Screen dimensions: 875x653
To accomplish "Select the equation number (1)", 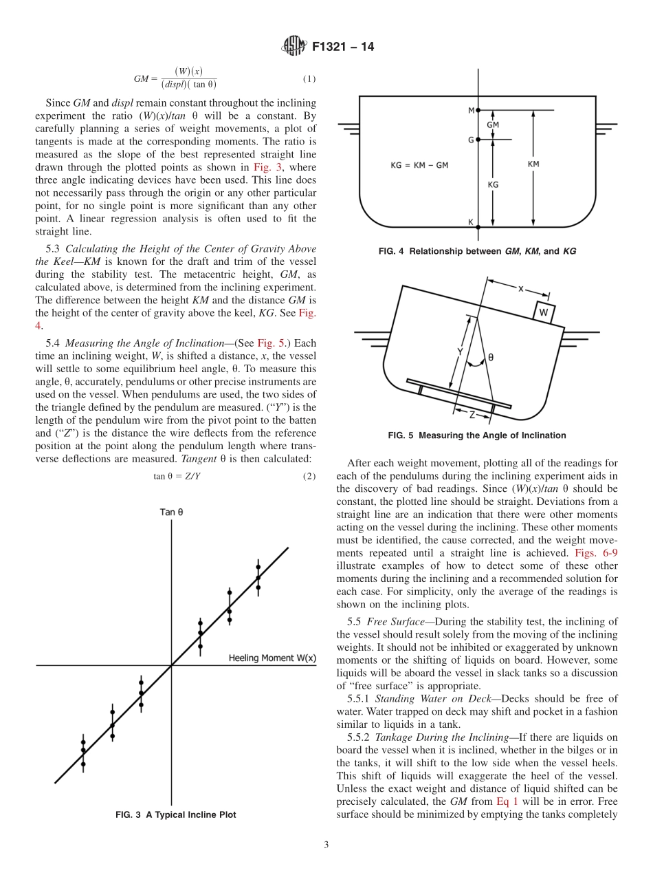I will (x=309, y=79).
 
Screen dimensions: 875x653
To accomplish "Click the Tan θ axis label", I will (x=171, y=512).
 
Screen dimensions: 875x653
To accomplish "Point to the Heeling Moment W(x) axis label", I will (x=272, y=658).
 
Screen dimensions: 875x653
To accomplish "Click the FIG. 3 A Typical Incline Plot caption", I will (x=175, y=814).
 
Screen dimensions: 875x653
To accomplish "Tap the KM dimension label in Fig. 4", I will (x=533, y=164).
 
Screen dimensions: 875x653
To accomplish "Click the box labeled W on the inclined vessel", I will (x=543, y=312).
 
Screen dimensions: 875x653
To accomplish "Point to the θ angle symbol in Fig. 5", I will (x=490, y=358).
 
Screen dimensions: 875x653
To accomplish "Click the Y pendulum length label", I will (x=459, y=352).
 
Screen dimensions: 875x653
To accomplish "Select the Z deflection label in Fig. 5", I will (x=472, y=415).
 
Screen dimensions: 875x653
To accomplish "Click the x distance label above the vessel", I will (x=520, y=290).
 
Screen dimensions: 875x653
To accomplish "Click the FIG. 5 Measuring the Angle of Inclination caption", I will (x=477, y=435).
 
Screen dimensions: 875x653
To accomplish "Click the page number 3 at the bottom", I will (x=326, y=845).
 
